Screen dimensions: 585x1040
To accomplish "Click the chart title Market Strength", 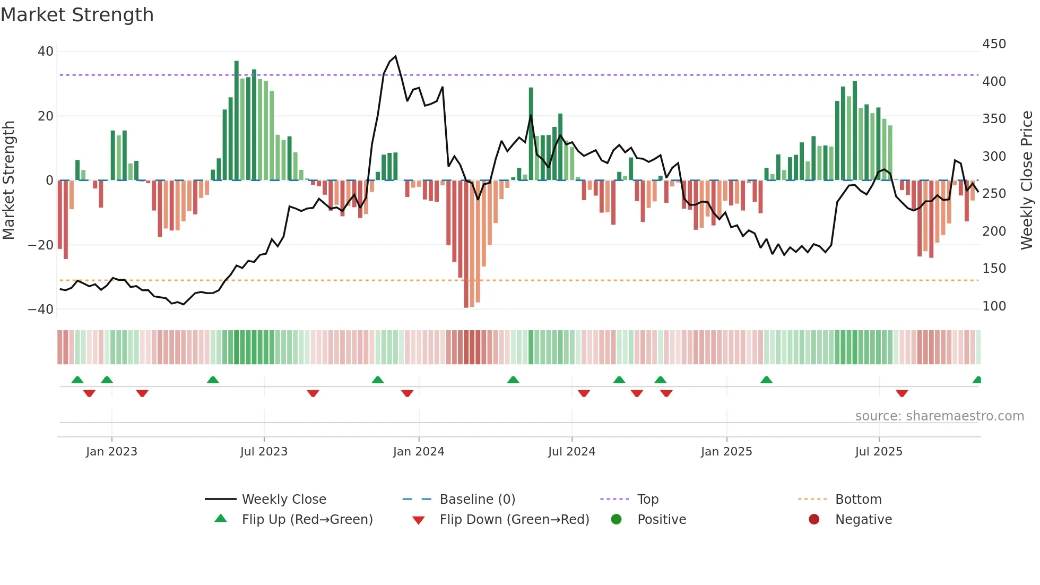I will [77, 15].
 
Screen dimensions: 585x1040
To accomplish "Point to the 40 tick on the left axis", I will [46, 51].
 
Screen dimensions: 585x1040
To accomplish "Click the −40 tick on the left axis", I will [41, 309].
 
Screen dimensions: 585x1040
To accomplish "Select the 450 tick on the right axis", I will [994, 44].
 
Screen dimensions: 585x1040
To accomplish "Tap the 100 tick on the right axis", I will [994, 306].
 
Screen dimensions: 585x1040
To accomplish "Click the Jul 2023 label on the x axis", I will [264, 452].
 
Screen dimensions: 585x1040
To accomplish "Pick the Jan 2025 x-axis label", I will [726, 452].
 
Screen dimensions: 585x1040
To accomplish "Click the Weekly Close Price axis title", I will [1027, 180].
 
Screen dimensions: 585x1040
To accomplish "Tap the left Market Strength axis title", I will [9, 180].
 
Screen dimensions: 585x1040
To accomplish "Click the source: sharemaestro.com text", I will [939, 416].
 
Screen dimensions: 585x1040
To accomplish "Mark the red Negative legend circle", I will [814, 520].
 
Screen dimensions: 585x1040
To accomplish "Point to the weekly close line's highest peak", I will [395, 56].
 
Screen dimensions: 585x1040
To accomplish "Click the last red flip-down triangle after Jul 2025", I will [902, 393].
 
